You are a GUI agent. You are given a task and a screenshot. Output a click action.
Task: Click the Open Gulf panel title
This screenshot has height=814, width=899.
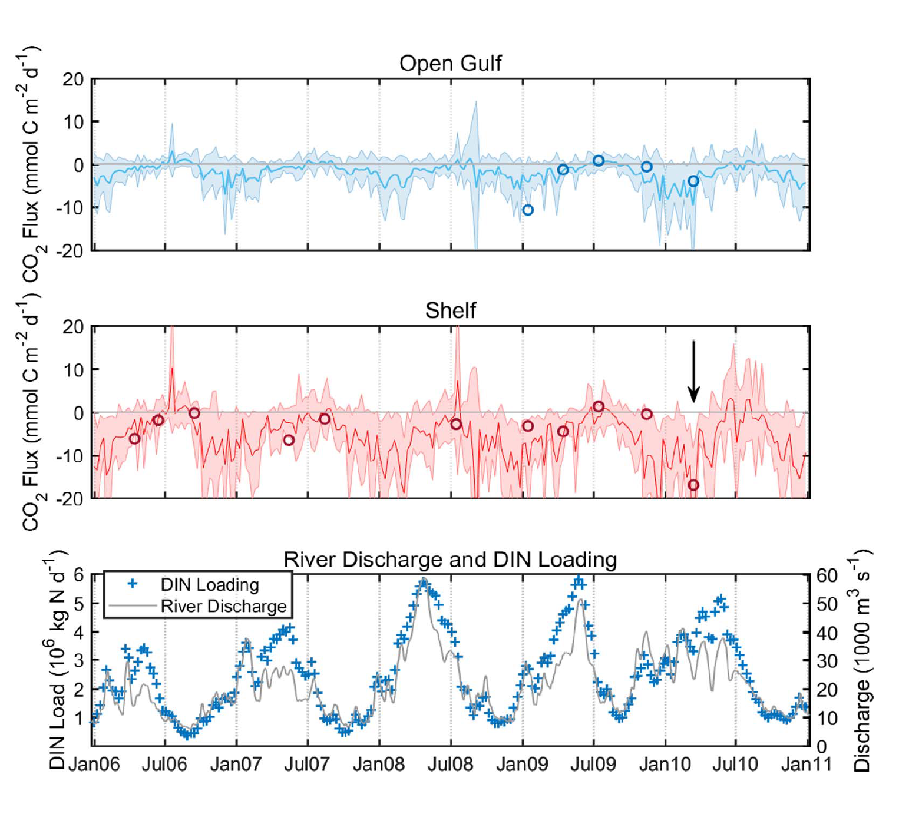(450, 63)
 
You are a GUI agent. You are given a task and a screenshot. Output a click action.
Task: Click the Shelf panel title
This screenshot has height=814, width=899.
(450, 310)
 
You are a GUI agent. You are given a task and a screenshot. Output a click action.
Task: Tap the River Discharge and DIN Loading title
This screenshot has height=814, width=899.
(450, 559)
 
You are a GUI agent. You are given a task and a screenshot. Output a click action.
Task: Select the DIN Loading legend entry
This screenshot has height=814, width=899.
(209, 584)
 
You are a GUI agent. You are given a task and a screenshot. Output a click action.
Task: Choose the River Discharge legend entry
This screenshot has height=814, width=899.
(223, 606)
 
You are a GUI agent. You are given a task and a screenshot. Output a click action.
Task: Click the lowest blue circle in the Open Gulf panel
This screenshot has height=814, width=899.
(528, 210)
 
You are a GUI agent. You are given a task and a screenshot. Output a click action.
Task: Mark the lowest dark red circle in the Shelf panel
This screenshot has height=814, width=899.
(693, 485)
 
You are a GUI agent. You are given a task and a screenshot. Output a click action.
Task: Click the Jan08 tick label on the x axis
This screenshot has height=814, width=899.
(379, 765)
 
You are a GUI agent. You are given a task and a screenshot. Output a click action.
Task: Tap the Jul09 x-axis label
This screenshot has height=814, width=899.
(593, 765)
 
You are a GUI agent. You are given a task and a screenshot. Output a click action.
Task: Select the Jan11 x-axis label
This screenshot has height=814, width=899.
(806, 765)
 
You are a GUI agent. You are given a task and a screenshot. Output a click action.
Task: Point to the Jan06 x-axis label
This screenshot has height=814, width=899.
(94, 765)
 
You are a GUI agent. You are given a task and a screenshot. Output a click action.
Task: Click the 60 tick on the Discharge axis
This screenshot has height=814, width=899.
(827, 575)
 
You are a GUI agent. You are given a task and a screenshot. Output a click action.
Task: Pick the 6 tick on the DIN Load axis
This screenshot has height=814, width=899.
(78, 575)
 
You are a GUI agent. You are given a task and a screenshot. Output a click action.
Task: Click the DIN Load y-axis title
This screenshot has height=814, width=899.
(57, 660)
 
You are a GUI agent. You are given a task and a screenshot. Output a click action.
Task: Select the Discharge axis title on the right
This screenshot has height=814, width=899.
(861, 660)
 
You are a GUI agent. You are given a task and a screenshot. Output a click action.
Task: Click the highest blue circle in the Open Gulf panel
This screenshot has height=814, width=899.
(599, 161)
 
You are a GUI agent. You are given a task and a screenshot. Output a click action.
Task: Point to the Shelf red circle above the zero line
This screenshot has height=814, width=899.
(599, 406)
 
